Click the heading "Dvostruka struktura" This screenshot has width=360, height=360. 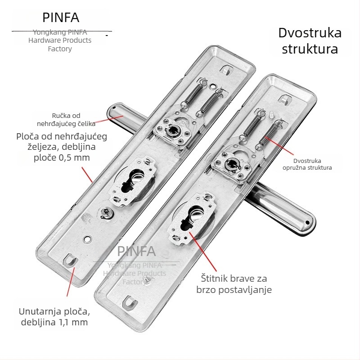coord(310,41)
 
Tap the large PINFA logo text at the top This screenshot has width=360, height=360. coord(61,18)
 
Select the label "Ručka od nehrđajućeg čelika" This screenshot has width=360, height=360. coord(66,120)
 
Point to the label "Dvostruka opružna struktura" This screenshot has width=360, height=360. coord(307,164)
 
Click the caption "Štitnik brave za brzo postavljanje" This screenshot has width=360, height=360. coord(234,284)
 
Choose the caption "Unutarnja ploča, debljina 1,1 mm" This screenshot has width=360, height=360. coord(54,317)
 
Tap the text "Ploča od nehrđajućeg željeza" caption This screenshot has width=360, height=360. coord(62,141)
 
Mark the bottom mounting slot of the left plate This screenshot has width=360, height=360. coord(72,260)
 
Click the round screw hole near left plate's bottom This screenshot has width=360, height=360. coord(87,239)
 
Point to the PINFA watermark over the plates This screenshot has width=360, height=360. coord(136,252)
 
